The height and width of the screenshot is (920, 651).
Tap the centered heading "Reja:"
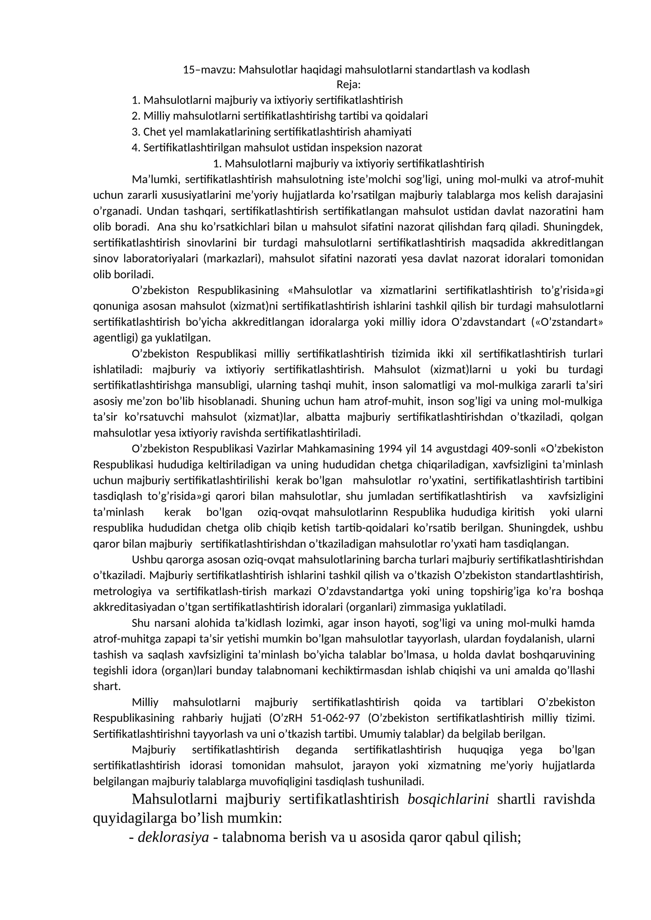[348, 85]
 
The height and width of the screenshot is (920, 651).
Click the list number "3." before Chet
[136, 132]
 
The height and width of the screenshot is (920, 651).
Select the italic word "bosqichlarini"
[448, 799]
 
